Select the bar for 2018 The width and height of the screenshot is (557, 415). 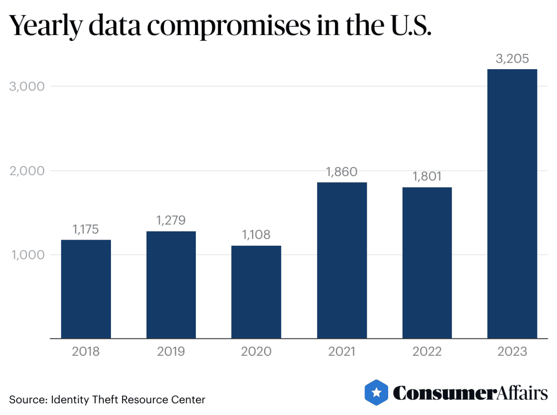86,289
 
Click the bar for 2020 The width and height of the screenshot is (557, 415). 256,292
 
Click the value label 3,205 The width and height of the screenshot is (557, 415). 512,59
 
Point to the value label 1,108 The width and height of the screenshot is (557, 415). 256,235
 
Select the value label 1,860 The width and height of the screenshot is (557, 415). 342,172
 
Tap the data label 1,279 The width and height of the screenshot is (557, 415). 171,221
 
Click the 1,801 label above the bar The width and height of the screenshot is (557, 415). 427,177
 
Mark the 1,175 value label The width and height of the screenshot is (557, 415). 86,229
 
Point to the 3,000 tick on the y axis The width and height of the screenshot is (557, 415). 27,86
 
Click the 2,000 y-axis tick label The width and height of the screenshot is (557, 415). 27,171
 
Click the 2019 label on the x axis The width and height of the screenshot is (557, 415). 171,351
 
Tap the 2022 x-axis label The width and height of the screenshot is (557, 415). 427,351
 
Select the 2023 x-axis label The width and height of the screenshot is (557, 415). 512,351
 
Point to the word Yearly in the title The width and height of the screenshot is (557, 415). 45,26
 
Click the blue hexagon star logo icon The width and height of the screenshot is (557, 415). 376,393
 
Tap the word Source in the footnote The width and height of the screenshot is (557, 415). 27,400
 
